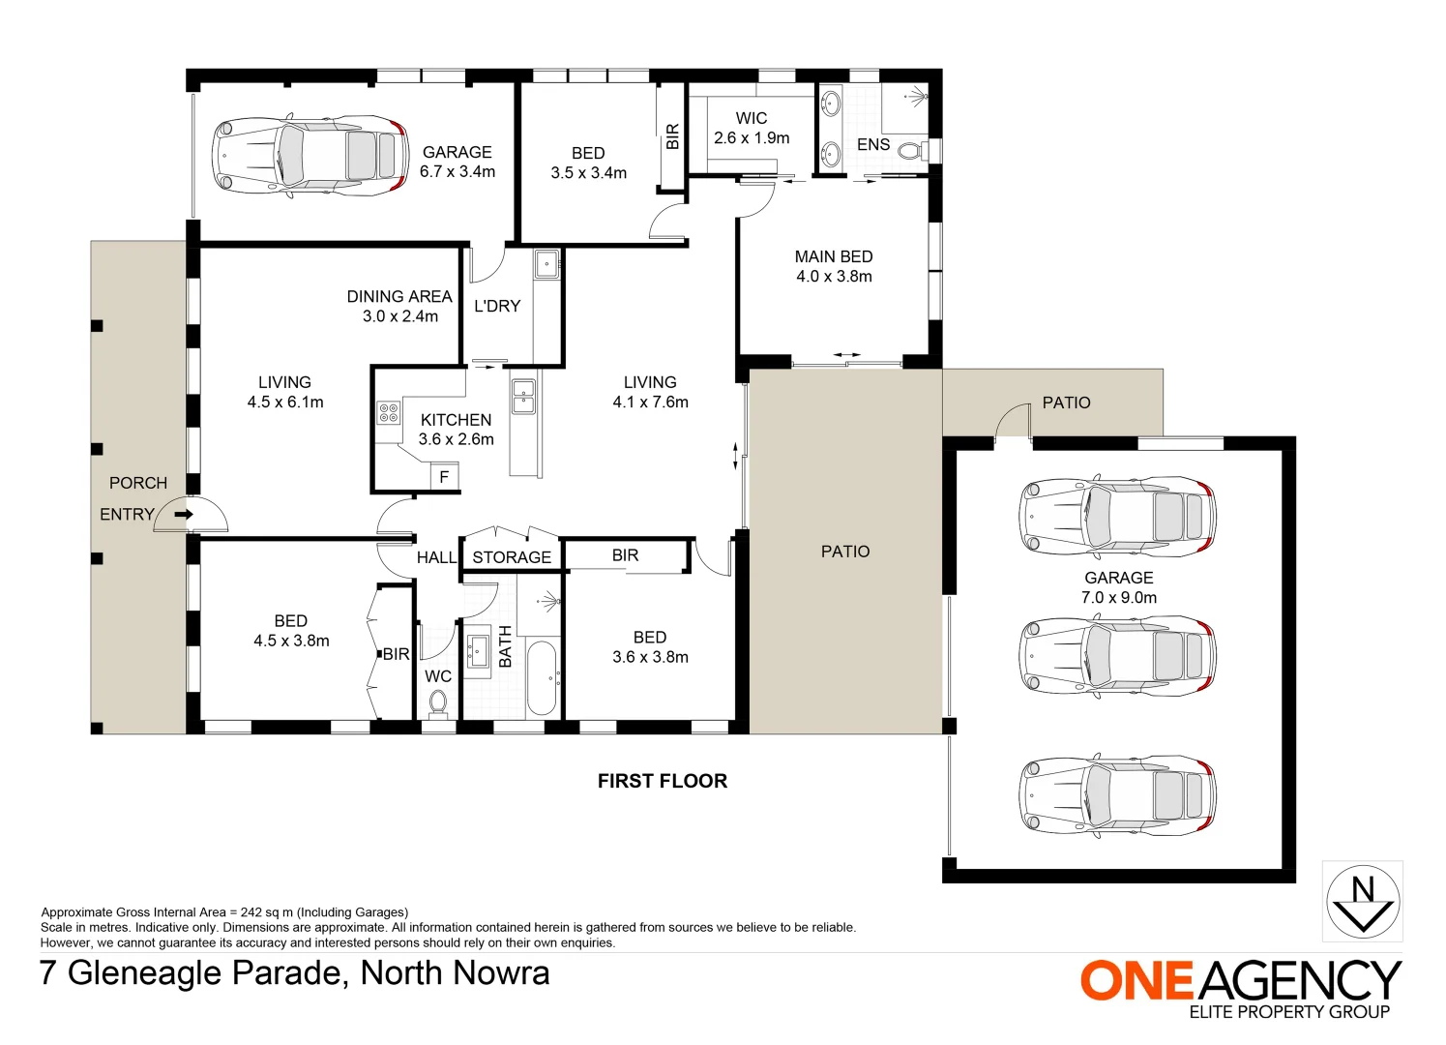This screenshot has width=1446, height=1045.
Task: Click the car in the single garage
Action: [x=308, y=156]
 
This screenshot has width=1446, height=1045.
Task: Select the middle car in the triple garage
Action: [x=1117, y=655]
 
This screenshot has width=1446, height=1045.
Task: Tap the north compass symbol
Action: [x=1362, y=902]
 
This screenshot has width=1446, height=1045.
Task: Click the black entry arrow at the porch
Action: [x=183, y=515]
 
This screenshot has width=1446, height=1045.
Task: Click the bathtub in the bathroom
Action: [x=542, y=677]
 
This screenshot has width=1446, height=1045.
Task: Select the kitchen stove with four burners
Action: [x=388, y=413]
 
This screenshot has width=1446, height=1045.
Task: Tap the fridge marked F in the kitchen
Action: [x=445, y=477]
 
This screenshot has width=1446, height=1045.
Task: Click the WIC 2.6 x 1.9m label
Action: [x=752, y=128]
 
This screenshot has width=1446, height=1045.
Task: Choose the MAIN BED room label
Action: [x=833, y=256]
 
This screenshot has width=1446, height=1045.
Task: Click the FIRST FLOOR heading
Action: [x=662, y=781]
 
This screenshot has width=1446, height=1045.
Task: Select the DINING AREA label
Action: [x=398, y=296]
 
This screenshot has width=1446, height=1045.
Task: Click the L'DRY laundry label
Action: [x=497, y=306]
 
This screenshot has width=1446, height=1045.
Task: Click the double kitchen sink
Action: [x=522, y=396]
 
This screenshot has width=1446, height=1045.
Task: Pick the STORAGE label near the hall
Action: [x=512, y=557]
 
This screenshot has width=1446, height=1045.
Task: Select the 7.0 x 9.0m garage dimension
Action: [x=1118, y=598]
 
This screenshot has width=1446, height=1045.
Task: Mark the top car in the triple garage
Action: [x=1117, y=516]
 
